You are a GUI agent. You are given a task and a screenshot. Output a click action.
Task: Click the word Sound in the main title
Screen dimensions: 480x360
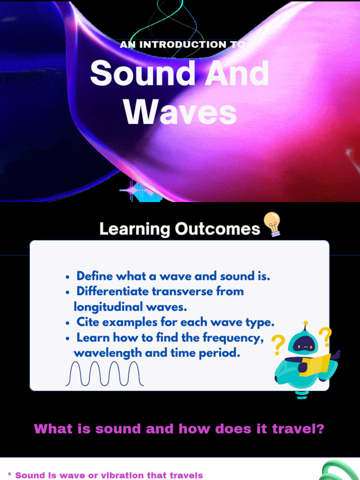(x=142, y=75)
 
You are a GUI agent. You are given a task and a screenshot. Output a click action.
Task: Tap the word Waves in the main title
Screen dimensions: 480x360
(x=180, y=113)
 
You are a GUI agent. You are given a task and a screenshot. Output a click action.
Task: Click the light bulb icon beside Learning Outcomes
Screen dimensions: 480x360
(x=272, y=224)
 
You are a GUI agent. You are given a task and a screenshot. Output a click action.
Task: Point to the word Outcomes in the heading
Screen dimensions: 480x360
(x=217, y=229)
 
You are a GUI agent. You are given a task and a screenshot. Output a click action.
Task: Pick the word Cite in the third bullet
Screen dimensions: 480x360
(x=88, y=322)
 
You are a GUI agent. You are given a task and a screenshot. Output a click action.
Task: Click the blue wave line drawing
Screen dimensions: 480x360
(x=104, y=374)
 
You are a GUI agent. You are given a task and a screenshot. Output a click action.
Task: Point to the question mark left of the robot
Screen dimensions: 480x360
(x=278, y=345)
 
